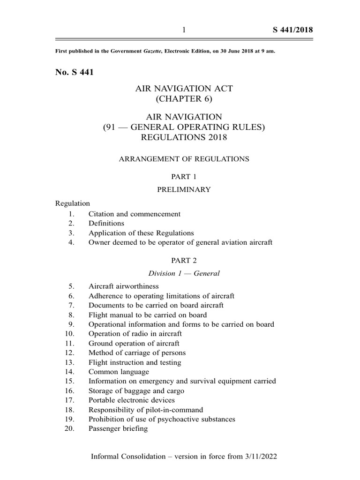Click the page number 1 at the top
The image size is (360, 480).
point(184,30)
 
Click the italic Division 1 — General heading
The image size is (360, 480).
point(184,273)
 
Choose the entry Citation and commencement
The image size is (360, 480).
point(135,214)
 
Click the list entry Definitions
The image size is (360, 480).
point(106,223)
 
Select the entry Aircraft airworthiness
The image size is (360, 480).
point(124,286)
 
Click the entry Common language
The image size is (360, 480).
point(119,372)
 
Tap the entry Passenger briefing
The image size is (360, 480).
point(118,429)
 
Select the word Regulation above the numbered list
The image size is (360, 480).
point(72,203)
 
